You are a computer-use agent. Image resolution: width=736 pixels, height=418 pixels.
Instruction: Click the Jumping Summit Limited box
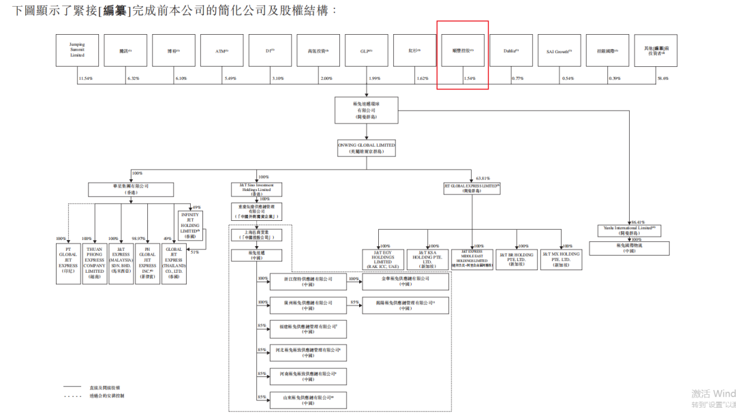[77, 50]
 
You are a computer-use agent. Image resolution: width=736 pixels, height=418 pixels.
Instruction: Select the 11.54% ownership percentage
[85, 78]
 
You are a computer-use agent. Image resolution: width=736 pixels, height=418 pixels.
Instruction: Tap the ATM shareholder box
[221, 50]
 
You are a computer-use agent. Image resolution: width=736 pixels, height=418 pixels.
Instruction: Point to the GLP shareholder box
[366, 50]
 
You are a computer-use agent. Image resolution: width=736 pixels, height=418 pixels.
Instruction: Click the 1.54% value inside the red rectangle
[469, 78]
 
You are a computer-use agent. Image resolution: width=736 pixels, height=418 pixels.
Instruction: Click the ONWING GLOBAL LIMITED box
[366, 148]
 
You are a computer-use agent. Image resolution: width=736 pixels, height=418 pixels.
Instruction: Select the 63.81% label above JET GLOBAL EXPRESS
[482, 178]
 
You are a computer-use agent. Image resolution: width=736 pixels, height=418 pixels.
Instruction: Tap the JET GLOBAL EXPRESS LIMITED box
[472, 188]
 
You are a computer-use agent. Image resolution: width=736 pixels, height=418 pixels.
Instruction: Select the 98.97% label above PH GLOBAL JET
[138, 239]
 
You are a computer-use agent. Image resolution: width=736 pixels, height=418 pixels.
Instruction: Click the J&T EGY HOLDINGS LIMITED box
[382, 259]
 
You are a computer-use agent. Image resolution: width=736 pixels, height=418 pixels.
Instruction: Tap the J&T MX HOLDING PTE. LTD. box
[561, 258]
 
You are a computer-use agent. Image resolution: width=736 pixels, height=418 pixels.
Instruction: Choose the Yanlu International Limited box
[625, 230]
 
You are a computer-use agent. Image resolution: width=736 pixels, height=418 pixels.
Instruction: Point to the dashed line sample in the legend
[74, 395]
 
